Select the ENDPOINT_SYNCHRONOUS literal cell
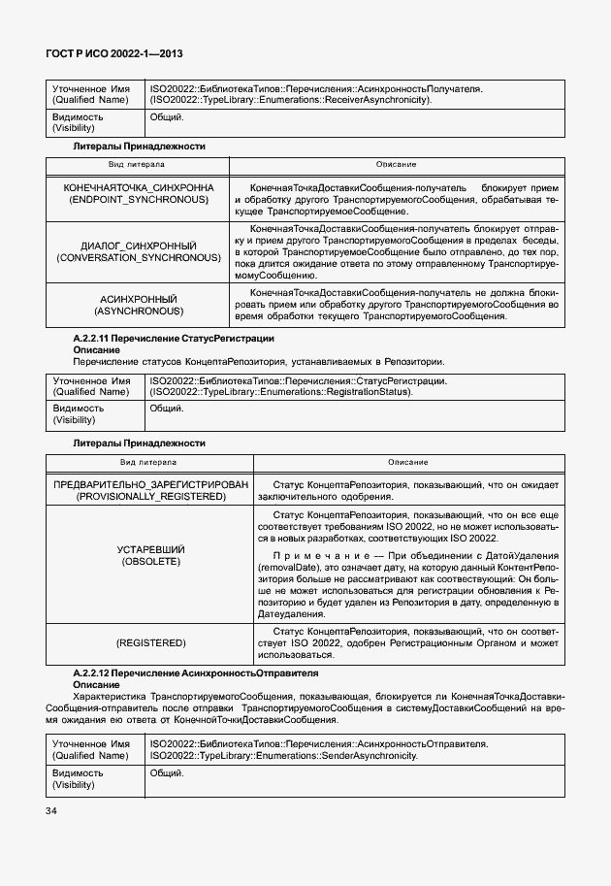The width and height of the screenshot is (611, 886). [x=138, y=192]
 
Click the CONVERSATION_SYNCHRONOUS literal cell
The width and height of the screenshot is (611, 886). [x=138, y=252]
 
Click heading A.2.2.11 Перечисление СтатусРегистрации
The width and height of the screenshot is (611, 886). [x=174, y=338]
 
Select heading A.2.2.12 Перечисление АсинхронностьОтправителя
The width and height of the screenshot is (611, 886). [x=196, y=673]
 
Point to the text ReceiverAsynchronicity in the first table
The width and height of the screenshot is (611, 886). [x=377, y=99]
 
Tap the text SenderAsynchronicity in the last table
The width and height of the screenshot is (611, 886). [x=370, y=754]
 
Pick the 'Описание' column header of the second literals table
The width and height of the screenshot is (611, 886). [x=407, y=462]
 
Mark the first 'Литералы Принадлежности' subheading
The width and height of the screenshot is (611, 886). [x=140, y=146]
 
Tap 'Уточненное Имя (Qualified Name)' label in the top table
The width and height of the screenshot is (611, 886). [x=90, y=94]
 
